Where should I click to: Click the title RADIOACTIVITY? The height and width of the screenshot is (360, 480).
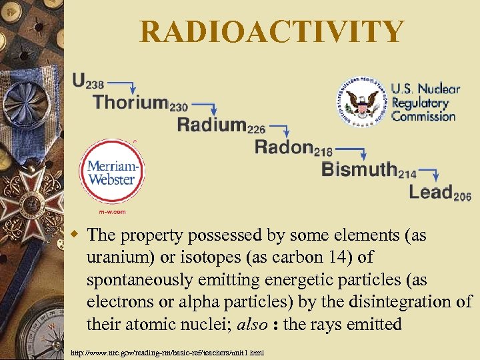coord(272,31)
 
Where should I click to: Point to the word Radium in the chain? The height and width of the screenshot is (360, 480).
coord(211,125)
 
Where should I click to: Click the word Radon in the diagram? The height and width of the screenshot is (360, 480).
coord(284,147)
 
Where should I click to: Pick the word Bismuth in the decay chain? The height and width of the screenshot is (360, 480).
coord(359,169)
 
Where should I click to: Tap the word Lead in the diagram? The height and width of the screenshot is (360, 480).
coord(431,193)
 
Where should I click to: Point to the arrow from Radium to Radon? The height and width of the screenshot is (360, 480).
coord(279,129)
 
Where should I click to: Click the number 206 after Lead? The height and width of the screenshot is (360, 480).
coord(462,197)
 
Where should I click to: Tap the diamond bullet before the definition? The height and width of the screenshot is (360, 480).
coord(77,234)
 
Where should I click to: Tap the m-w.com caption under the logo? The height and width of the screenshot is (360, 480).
coord(112,211)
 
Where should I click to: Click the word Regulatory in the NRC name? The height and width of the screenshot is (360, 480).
coord(420,103)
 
